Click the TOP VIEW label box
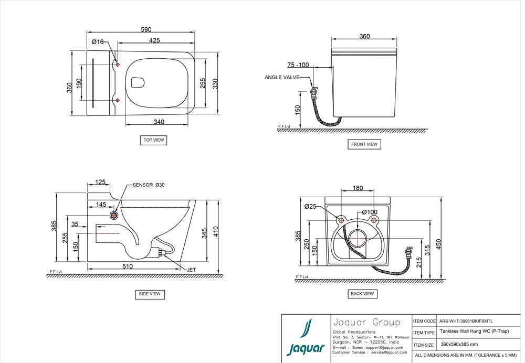pyautogui.click(x=154, y=140)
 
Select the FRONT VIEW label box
pyautogui.click(x=364, y=144)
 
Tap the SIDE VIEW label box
pyautogui.click(x=150, y=294)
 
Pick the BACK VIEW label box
pyautogui.click(x=362, y=294)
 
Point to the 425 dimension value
pyautogui.click(x=154, y=40)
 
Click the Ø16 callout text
pyautogui.click(x=98, y=41)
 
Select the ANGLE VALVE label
pyautogui.click(x=282, y=78)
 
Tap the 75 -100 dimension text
pyautogui.click(x=298, y=65)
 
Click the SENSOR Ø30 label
pyautogui.click(x=149, y=185)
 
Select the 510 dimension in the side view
pyautogui.click(x=128, y=266)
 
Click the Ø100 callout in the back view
pyautogui.click(x=370, y=212)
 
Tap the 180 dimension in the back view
pyautogui.click(x=358, y=188)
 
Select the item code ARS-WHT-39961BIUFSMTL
pyautogui.click(x=466, y=321)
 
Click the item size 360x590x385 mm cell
pyautogui.click(x=459, y=345)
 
